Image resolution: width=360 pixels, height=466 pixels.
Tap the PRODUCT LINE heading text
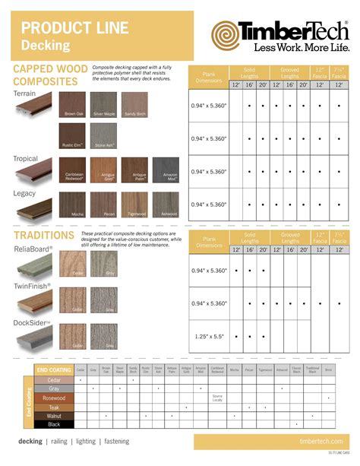click(63, 28)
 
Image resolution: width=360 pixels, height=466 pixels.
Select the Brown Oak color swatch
click(74, 104)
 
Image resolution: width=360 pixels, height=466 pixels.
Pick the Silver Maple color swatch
click(103, 104)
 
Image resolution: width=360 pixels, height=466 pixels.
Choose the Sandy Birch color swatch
click(134, 104)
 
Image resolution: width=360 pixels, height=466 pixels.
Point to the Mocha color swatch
click(74, 203)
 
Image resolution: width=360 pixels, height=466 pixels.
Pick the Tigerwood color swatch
click(134, 203)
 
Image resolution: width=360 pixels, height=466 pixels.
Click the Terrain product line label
click(24, 94)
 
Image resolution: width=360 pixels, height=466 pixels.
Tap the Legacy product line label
click(25, 192)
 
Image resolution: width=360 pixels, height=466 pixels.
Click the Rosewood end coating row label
click(53, 398)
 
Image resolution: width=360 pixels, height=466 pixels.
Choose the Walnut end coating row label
click(53, 416)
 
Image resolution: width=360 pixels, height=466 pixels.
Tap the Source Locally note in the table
click(217, 398)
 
